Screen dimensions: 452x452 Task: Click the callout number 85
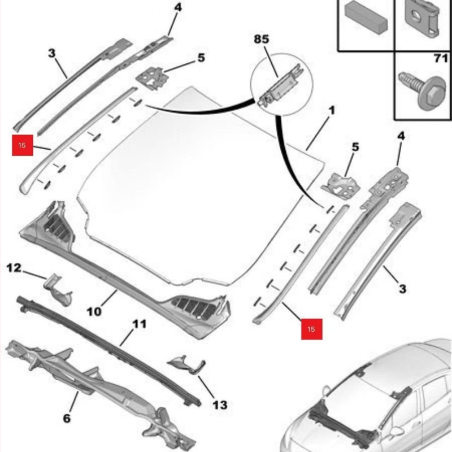262,40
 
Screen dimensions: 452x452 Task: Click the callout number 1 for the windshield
331,111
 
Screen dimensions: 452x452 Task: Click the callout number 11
140,324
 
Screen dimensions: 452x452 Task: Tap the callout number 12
14,267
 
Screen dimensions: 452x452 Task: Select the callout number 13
220,405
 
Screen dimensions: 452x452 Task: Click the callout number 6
67,419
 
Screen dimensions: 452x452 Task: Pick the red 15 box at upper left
22,145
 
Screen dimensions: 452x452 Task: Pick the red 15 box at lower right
311,328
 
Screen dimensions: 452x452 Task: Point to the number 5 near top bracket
201,58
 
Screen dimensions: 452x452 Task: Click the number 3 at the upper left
51,54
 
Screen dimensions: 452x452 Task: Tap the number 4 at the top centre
178,8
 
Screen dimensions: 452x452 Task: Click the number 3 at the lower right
402,289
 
